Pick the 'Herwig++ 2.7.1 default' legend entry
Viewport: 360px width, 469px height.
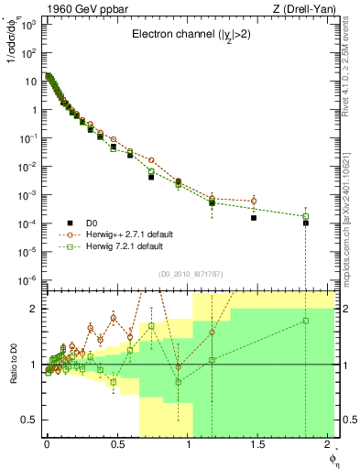[x=125, y=234]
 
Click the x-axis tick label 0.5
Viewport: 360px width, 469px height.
[x=116, y=443]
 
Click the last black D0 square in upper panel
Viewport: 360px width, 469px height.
[x=306, y=223]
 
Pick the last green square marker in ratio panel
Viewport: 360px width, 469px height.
[x=306, y=321]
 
